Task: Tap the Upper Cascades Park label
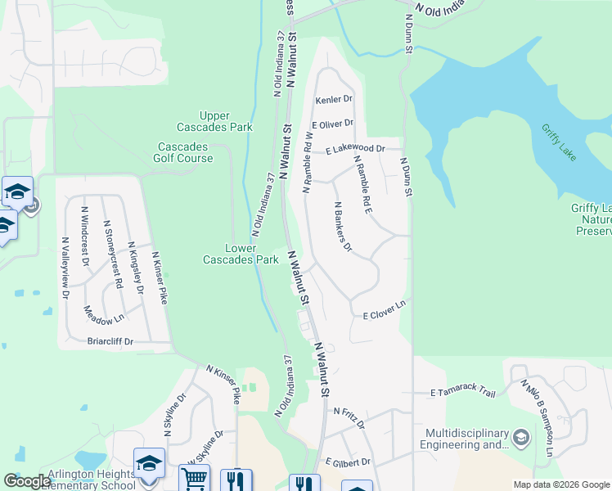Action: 214,121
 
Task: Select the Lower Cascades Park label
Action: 241,254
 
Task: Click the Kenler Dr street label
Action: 335,99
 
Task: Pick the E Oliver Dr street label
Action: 332,124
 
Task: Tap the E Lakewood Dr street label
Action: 354,149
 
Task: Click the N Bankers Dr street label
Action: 342,225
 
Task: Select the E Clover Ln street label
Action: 385,309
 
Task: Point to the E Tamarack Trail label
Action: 463,393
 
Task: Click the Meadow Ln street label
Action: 103,314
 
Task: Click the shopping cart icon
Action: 194,480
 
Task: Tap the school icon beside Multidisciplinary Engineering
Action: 520,439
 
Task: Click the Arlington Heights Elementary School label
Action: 78,480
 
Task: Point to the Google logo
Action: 27,482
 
